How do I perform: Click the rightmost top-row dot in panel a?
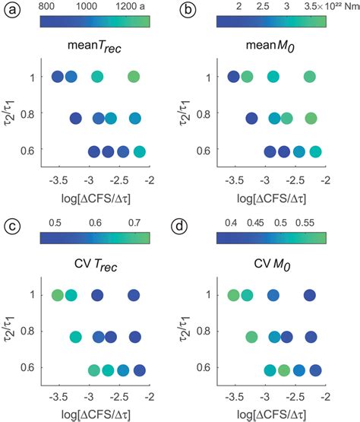coord(134,77)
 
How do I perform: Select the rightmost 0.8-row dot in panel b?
coord(311,118)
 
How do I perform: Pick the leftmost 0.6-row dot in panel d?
coord(270,370)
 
